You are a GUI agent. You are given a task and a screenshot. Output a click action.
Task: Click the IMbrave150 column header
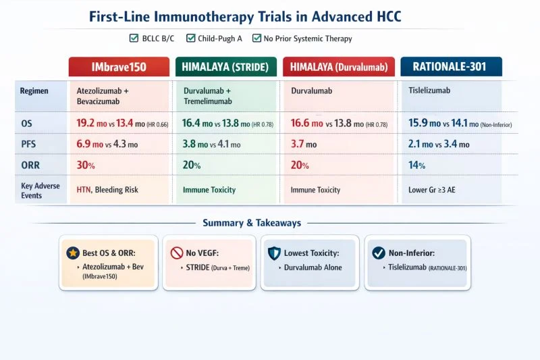[x=119, y=67]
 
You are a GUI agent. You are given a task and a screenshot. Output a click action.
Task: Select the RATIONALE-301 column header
[x=451, y=67]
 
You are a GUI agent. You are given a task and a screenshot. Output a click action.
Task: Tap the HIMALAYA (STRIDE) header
[x=225, y=67]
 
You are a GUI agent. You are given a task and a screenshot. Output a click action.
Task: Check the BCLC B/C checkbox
[x=133, y=38]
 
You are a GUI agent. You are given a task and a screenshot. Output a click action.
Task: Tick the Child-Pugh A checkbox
[x=191, y=38]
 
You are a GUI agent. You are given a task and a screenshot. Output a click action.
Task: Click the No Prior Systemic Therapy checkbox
[x=257, y=38]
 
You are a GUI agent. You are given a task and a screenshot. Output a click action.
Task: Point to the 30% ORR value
[x=86, y=165]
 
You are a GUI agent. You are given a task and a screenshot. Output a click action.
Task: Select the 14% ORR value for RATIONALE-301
[x=417, y=165]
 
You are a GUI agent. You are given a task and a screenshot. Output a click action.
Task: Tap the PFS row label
[x=28, y=145]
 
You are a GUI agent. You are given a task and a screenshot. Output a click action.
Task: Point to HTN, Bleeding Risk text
[x=107, y=190]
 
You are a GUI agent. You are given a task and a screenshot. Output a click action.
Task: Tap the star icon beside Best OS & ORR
[x=72, y=253]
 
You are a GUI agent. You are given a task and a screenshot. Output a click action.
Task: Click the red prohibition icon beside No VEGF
[x=177, y=253]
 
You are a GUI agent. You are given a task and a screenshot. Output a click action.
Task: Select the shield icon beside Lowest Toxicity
[x=273, y=253]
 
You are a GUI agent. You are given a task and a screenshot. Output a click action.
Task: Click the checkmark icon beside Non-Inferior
[x=379, y=253]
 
